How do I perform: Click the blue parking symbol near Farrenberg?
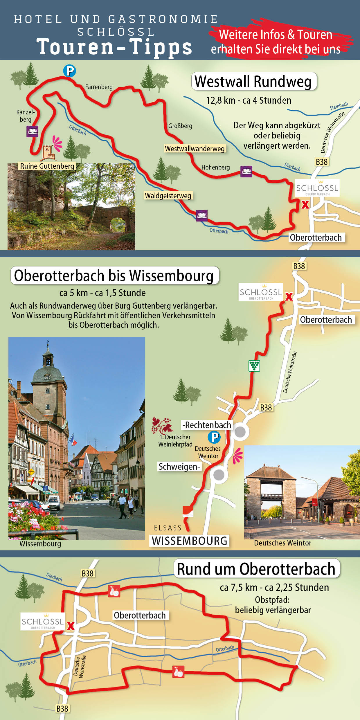[69, 71]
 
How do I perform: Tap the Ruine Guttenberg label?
[47, 166]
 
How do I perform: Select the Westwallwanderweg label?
[195, 149]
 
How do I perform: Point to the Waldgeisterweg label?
[168, 196]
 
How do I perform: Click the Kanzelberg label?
[26, 116]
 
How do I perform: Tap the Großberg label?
[180, 126]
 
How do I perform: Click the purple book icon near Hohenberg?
[246, 171]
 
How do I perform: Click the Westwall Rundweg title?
[253, 81]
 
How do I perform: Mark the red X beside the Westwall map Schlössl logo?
[305, 204]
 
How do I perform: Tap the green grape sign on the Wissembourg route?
[254, 366]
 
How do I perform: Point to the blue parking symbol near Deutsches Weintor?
[214, 437]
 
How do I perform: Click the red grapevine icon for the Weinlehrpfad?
[161, 425]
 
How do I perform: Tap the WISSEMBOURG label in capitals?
[190, 541]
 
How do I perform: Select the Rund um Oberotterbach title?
[256, 569]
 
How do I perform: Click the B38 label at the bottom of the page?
[62, 709]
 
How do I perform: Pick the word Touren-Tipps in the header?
[114, 47]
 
